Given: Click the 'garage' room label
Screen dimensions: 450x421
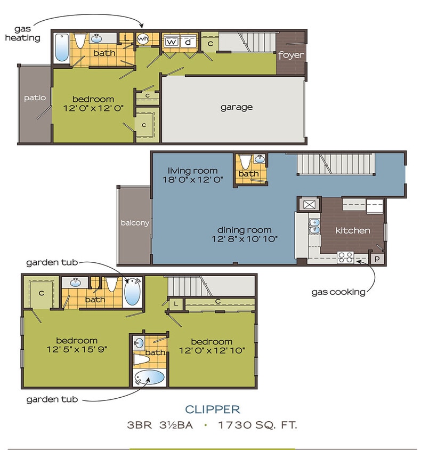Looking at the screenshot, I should coord(237,107).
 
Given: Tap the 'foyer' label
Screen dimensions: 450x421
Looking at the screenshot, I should coord(291,55).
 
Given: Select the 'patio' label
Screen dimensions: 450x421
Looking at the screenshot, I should coord(35,98).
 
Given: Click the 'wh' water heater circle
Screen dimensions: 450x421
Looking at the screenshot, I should coord(143,39).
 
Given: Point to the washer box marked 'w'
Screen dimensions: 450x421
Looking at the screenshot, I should coord(172,41).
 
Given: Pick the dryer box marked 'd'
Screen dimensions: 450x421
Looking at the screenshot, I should coord(188,41).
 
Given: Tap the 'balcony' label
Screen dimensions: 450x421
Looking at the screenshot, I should coord(135,223).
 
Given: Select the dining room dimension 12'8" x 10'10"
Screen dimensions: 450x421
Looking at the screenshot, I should coord(245,238).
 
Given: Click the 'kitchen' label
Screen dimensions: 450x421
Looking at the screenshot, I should coord(352,230).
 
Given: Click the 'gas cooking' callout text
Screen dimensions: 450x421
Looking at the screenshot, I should coord(338,292).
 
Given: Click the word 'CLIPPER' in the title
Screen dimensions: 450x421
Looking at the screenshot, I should coord(213,409).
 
